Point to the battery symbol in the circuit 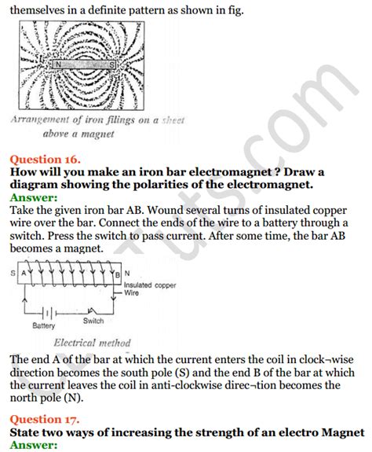(45, 309)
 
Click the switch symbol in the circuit (93, 309)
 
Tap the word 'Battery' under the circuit (44, 325)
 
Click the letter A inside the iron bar (23, 274)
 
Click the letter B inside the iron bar (116, 274)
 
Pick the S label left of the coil (13, 274)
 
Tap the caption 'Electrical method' (86, 343)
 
